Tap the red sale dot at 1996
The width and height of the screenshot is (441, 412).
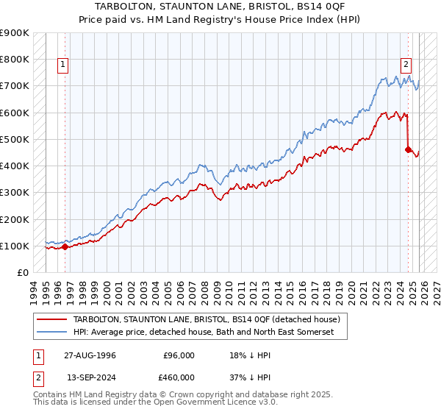pyautogui.click(x=65, y=247)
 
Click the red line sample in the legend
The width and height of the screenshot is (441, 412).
pyautogui.click(x=52, y=320)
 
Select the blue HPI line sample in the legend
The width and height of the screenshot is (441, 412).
pyautogui.click(x=52, y=333)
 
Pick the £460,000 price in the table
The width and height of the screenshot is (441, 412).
pyautogui.click(x=179, y=379)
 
